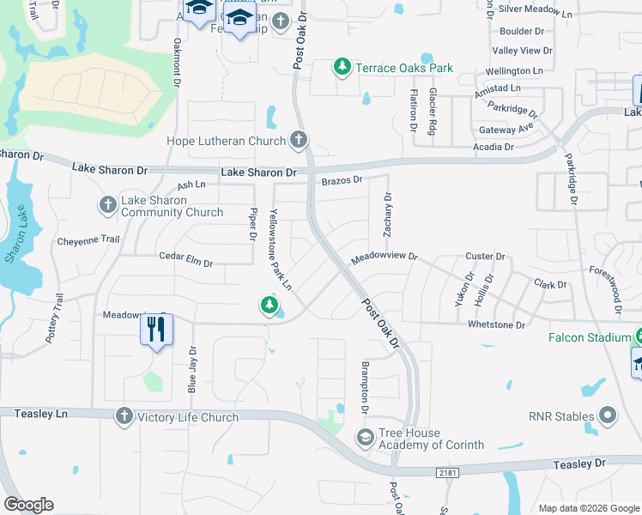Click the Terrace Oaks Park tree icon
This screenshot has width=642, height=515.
point(342,68)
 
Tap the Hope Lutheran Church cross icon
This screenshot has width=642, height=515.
point(298,139)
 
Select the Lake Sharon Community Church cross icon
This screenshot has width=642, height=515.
point(108,204)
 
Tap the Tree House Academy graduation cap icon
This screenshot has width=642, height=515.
point(365,439)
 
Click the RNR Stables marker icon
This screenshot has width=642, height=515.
point(608,417)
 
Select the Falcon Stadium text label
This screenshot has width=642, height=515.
point(589,337)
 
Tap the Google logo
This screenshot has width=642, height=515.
point(28,505)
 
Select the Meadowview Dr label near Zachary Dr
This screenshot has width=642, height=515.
point(383,256)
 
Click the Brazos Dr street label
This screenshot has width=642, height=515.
point(342,180)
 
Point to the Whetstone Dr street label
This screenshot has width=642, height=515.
point(496,324)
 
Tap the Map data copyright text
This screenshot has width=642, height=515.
point(589,507)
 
